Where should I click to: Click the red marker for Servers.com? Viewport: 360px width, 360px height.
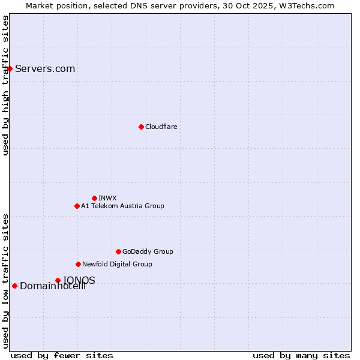[10, 68]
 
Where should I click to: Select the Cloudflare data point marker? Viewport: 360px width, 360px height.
[141, 127]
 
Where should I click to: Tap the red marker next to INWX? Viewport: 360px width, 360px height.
[94, 198]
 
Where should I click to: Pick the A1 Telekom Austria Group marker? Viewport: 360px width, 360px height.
[77, 206]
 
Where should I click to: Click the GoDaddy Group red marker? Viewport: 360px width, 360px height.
[118, 251]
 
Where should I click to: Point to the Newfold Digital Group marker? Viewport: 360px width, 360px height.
[78, 264]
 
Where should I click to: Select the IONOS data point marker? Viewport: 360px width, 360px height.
[58, 280]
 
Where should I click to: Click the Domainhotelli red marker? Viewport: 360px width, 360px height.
[14, 286]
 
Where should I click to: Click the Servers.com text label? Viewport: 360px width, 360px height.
[45, 68]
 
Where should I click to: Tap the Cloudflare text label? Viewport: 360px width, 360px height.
[161, 127]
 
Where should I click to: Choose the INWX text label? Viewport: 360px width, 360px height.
[107, 198]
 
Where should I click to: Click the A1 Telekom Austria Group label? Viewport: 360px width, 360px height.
[122, 206]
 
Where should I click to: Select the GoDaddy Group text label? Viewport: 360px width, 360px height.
[148, 251]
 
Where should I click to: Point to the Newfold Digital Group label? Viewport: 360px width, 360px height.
[117, 264]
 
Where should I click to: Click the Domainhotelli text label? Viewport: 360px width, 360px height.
[53, 286]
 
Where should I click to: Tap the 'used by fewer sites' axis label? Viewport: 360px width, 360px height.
[62, 355]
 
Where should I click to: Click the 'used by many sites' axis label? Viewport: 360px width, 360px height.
[301, 355]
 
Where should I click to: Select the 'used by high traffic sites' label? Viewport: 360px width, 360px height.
[5, 85]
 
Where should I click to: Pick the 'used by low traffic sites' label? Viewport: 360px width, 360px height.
[5, 280]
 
